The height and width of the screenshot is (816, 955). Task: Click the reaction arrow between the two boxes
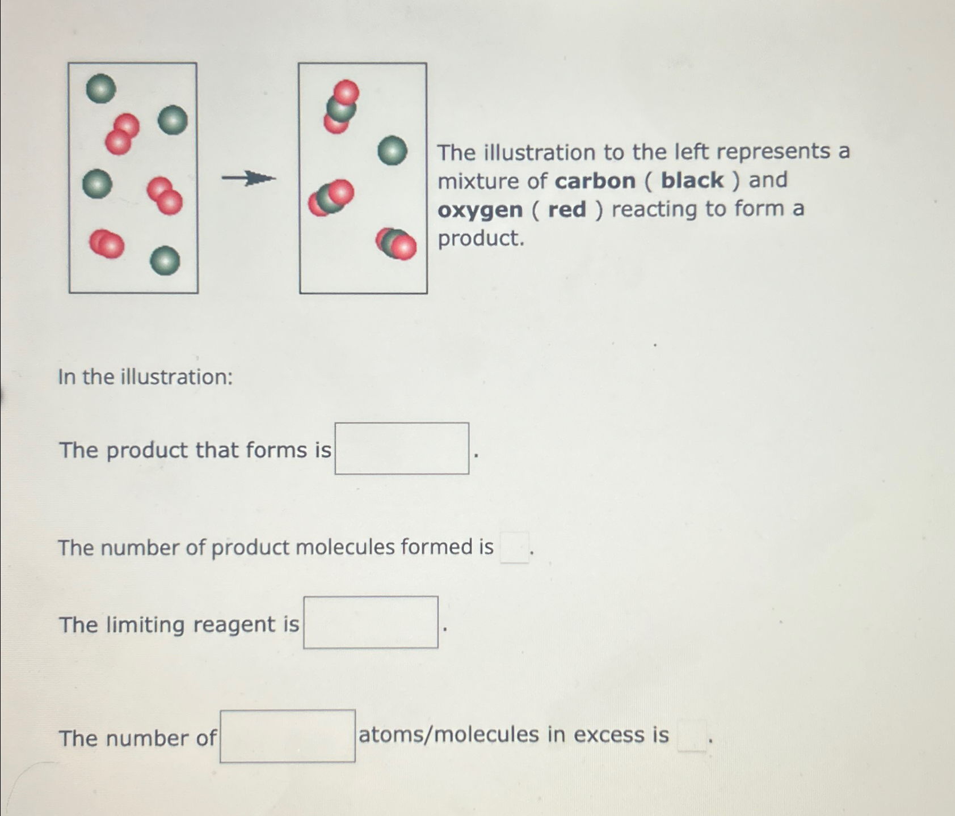click(x=249, y=179)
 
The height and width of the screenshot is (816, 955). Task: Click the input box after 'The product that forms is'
click(x=401, y=449)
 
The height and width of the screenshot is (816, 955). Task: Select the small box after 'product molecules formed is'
click(x=514, y=548)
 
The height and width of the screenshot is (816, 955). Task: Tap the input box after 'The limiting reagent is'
click(x=371, y=622)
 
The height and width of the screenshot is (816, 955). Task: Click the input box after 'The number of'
click(x=288, y=736)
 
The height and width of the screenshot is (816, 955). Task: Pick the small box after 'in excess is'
click(x=692, y=735)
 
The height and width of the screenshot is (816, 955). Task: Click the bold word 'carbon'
click(x=595, y=181)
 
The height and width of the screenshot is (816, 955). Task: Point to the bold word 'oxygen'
click(x=480, y=210)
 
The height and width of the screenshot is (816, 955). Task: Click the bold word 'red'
click(x=567, y=210)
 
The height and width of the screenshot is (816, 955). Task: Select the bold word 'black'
click(x=692, y=180)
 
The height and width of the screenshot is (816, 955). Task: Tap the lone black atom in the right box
click(x=392, y=150)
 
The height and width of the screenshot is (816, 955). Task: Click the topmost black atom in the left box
click(x=101, y=88)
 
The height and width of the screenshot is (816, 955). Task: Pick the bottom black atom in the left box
click(x=165, y=261)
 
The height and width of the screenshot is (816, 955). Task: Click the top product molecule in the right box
click(x=340, y=107)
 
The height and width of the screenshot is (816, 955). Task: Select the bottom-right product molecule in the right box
click(x=396, y=243)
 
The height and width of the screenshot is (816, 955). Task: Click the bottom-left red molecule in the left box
click(x=107, y=244)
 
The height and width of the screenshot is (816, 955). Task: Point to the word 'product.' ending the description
click(x=481, y=238)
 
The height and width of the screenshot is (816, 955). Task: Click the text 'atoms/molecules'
click(x=449, y=734)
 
